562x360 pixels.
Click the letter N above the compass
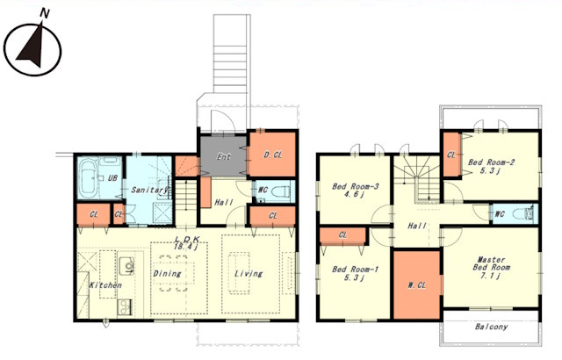pyautogui.click(x=45, y=13)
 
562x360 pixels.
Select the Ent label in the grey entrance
pyautogui.click(x=224, y=156)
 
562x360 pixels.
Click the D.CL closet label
pyautogui.click(x=273, y=155)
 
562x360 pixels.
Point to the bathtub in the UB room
pyautogui.click(x=88, y=177)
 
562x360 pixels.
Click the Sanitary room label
pyautogui.click(x=149, y=190)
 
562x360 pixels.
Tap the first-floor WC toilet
pyautogui.click(x=282, y=191)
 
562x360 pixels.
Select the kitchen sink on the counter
pyautogui.click(x=126, y=265)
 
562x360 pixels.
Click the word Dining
pyautogui.click(x=167, y=274)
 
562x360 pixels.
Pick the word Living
pyautogui.click(x=249, y=274)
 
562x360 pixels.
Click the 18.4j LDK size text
pyautogui.click(x=185, y=247)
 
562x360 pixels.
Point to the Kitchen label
pyautogui.click(x=105, y=285)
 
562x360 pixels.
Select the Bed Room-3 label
pyautogui.click(x=355, y=186)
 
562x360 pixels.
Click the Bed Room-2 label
pyautogui.click(x=491, y=162)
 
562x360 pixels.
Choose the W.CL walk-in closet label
pyautogui.click(x=417, y=285)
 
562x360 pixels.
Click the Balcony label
pyautogui.click(x=491, y=327)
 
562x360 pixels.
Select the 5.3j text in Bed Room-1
pyautogui.click(x=355, y=277)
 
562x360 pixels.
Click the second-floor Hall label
pyautogui.click(x=417, y=226)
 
